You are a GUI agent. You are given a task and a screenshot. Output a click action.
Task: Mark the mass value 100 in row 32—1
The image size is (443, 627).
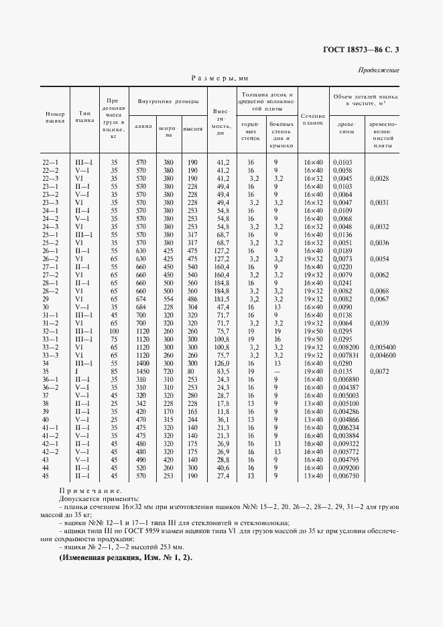pos(114,331)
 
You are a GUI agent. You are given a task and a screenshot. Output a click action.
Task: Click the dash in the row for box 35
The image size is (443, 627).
pos(276,370)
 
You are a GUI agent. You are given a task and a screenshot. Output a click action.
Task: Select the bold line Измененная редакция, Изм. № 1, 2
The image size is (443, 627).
pos(125,558)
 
